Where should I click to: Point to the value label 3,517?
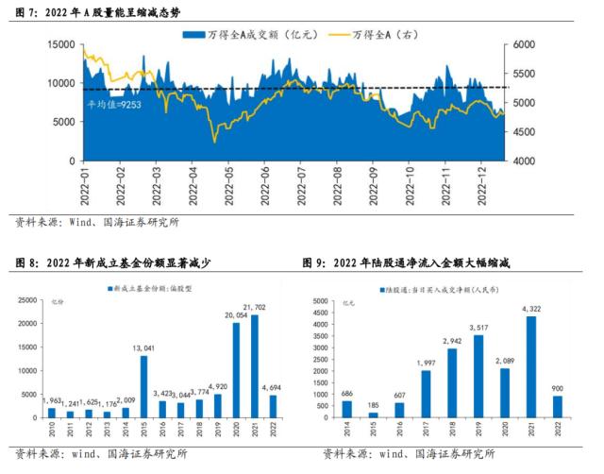[479, 328]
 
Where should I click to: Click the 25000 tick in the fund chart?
[30, 300]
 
